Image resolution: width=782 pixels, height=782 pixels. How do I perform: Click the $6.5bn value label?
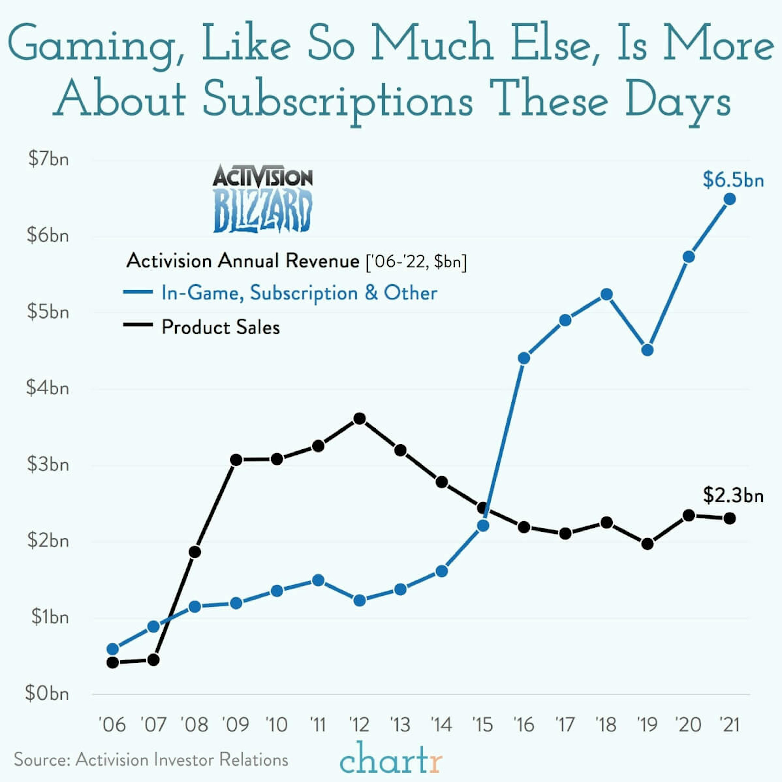point(733,180)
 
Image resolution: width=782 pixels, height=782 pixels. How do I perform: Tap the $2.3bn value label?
point(733,495)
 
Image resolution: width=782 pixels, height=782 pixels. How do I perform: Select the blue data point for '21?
point(729,199)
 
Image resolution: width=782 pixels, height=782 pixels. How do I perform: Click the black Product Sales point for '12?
point(359,418)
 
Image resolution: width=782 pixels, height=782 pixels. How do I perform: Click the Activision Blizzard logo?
point(263,198)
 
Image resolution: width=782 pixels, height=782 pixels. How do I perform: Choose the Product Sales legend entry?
point(221,327)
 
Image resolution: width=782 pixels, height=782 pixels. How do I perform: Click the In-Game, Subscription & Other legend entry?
point(299,293)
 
